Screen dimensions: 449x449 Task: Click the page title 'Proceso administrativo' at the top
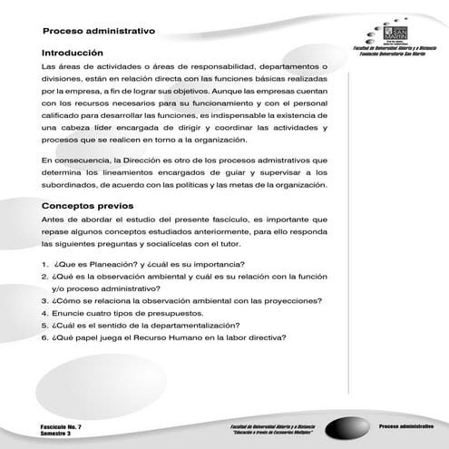click(99, 31)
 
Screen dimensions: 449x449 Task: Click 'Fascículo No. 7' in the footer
click(62, 425)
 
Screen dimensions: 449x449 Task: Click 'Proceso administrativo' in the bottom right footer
click(405, 425)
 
